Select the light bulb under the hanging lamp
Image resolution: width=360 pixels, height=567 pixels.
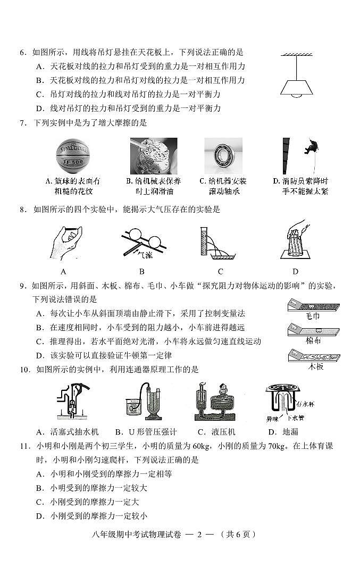296,96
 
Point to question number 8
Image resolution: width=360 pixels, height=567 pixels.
23,210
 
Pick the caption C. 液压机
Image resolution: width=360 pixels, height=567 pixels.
215,431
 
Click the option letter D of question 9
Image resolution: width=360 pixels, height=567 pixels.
39,355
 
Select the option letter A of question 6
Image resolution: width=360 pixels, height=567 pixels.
39,66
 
